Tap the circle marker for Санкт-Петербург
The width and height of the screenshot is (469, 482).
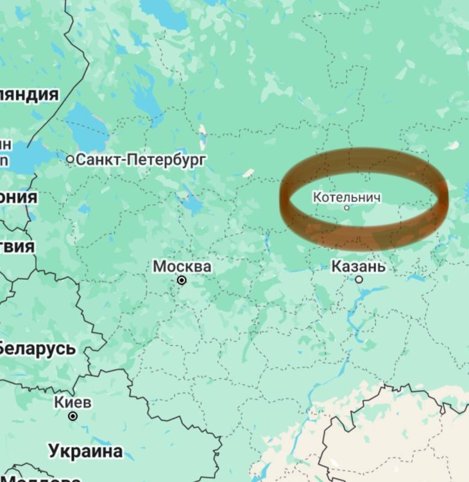pos(70,159)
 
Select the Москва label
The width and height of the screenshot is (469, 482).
pos(181,266)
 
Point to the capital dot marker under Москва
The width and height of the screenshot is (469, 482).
pos(181,280)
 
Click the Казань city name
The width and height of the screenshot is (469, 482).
pos(358,266)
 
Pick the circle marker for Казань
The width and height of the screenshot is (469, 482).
pos(359,280)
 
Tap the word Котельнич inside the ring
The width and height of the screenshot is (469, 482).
pos(347,196)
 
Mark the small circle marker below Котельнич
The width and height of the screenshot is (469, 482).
pos(347,208)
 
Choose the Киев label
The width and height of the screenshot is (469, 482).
pos(72,402)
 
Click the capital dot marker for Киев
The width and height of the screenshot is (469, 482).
pos(72,416)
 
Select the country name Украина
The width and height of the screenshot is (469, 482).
pos(86,451)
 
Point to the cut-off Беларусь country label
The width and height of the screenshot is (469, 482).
pos(37,348)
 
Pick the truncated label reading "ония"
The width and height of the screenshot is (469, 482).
pos(19,198)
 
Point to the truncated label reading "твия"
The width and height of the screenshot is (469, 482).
pos(17,246)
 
